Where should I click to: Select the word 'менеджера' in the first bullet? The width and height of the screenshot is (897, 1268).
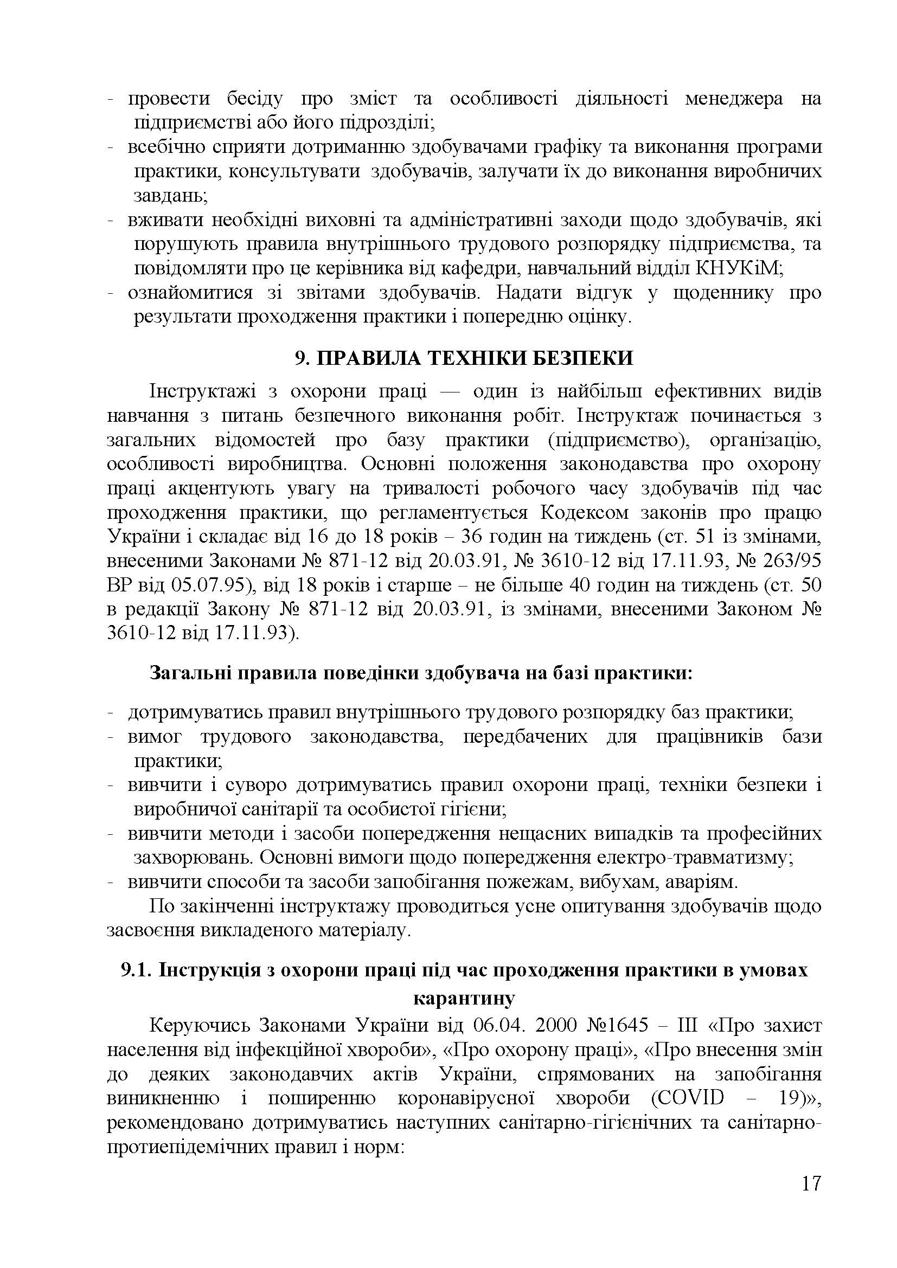point(734,99)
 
